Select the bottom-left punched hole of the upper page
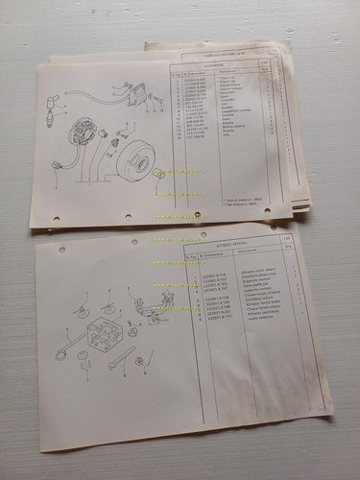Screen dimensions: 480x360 pyautogui.click(x=56, y=220)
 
